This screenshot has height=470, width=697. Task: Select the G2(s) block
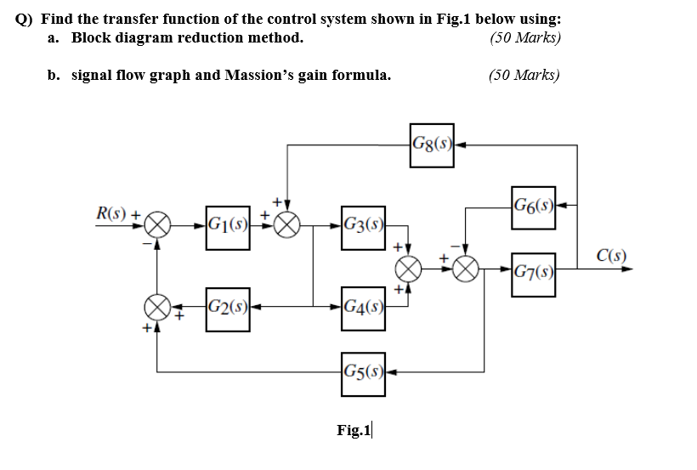pyautogui.click(x=227, y=305)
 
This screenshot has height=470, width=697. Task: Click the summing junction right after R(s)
pyautogui.click(x=156, y=226)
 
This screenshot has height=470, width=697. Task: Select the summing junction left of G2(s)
pyautogui.click(x=156, y=305)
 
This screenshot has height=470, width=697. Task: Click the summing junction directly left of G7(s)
pyautogui.click(x=464, y=272)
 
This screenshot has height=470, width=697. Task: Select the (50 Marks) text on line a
pyautogui.click(x=524, y=38)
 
